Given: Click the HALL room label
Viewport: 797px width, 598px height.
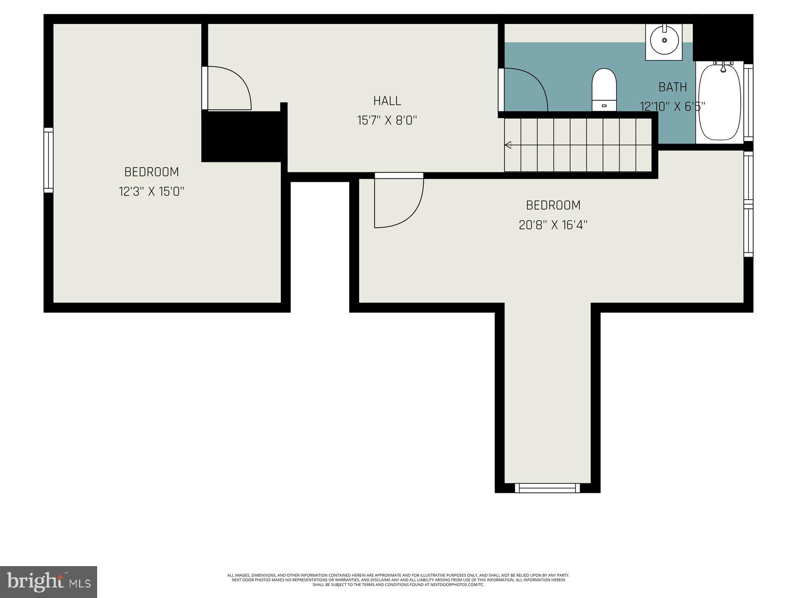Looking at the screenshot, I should coord(387,101).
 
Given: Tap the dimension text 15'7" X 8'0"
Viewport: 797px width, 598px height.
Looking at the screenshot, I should coord(387,120).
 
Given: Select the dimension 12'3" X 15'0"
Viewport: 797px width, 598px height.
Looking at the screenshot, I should coord(151,191).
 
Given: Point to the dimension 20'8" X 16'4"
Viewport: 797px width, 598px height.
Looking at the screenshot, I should coord(553,225).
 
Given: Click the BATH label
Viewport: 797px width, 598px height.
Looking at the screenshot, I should coord(672,87).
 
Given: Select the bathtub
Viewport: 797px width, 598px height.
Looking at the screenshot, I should coord(720,102).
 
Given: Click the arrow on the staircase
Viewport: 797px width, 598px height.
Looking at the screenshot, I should coord(508,145).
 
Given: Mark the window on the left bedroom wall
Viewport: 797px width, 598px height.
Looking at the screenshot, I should coord(48,160).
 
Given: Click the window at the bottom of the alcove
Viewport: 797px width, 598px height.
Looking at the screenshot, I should coord(547,488).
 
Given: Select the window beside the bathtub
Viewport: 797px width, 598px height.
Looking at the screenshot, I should coord(748,102).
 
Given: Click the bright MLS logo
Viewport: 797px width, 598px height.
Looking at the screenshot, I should coord(48,582).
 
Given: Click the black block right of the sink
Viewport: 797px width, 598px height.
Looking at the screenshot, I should coord(722,37).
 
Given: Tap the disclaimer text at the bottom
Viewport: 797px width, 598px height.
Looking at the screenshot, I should coord(398,580).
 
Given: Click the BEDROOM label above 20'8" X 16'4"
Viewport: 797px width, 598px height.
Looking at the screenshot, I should coord(553,205).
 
